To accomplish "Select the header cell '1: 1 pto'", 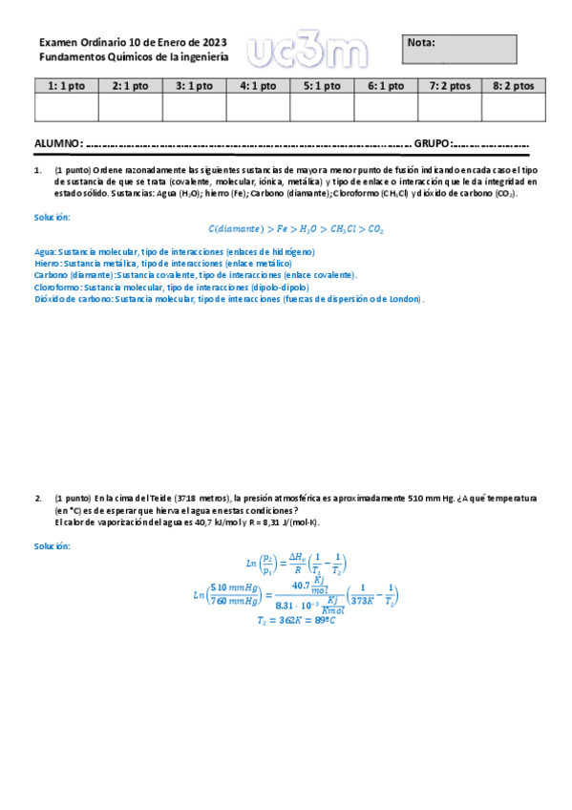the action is pyautogui.click(x=67, y=86).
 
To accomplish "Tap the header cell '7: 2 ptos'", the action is pyautogui.click(x=450, y=86).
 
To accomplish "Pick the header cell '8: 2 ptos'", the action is pyautogui.click(x=514, y=86).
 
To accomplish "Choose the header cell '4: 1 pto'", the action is pyautogui.click(x=258, y=86).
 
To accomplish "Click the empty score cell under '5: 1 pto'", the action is pyautogui.click(x=322, y=108).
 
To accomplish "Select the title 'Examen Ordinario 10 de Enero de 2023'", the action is pyautogui.click(x=133, y=42).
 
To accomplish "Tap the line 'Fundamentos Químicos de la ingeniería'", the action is pyautogui.click(x=134, y=57).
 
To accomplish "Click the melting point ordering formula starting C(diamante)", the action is pyautogui.click(x=296, y=229).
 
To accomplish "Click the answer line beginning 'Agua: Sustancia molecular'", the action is pyautogui.click(x=174, y=252).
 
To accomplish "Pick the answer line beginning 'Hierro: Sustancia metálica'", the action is pyautogui.click(x=162, y=263).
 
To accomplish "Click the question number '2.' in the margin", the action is pyautogui.click(x=39, y=499).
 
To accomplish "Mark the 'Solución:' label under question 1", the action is pyautogui.click(x=53, y=218).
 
